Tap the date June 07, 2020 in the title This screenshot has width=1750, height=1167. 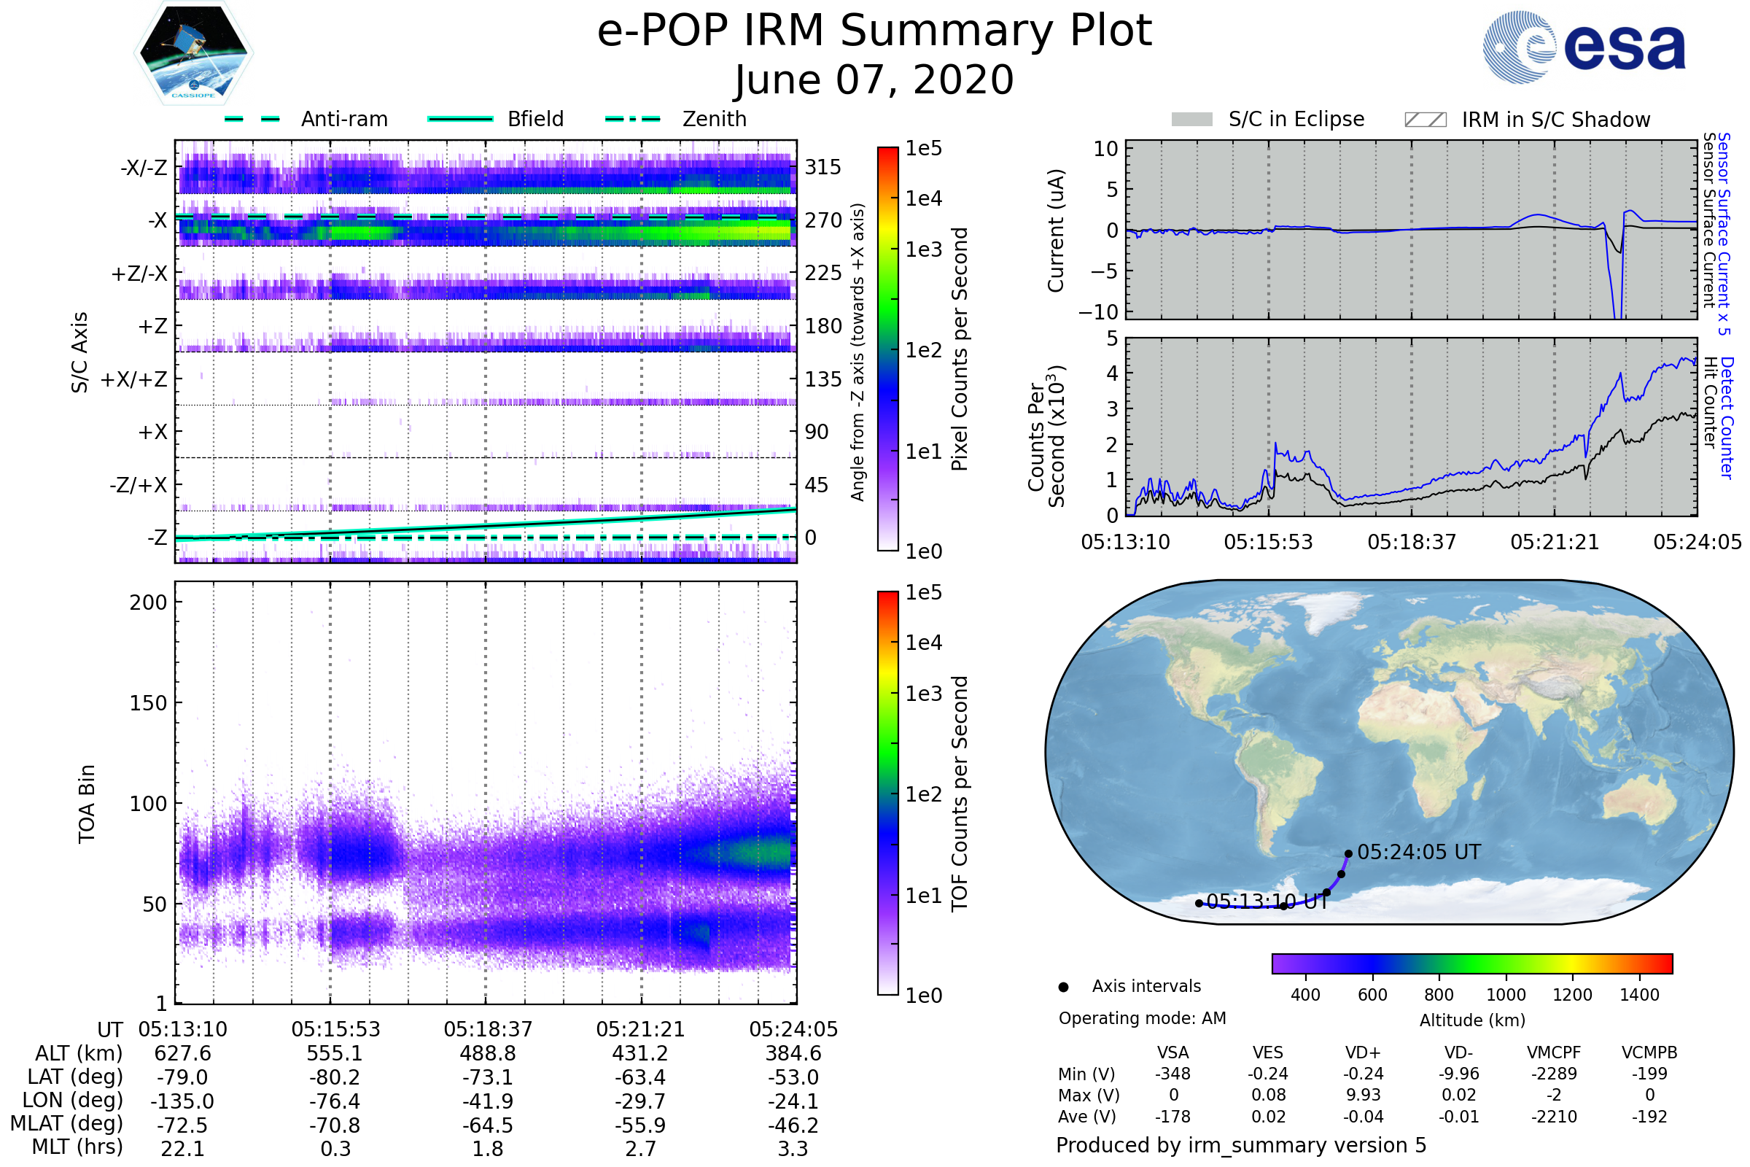coord(874,80)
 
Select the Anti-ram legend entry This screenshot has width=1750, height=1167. coord(343,119)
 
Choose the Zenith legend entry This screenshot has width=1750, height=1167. coord(714,119)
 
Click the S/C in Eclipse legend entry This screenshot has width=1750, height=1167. coord(1296,119)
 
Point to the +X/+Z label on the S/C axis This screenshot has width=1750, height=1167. coord(134,379)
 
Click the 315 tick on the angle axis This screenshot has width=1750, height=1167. coord(822,167)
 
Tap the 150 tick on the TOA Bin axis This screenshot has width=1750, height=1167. coord(148,703)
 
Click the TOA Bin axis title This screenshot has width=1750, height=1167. coord(87,804)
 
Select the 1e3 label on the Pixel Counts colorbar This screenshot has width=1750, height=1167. coord(923,249)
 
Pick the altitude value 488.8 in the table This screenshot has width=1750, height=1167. coord(487,1053)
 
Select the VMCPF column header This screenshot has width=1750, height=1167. coord(1553,1052)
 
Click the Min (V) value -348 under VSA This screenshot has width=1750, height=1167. coord(1172,1074)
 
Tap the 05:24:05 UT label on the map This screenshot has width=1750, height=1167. coord(1418,852)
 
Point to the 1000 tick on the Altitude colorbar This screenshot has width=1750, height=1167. coord(1505,995)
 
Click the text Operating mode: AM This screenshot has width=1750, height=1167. coord(1141,1018)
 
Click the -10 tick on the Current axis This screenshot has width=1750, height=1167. coord(1098,312)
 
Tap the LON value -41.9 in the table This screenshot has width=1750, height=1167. coord(487,1101)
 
